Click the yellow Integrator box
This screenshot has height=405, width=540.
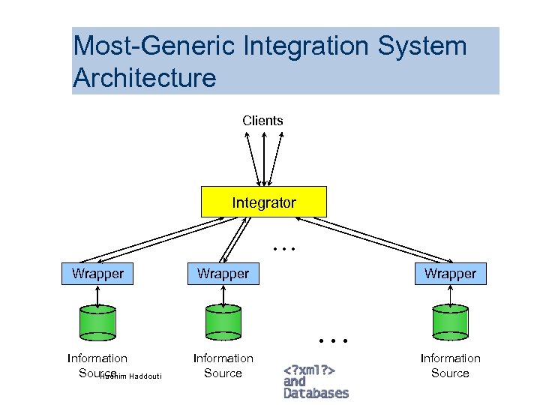264,202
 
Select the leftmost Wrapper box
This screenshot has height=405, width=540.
97,274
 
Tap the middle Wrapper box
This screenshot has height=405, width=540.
223,274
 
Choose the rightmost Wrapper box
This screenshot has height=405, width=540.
450,274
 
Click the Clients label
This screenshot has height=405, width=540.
262,120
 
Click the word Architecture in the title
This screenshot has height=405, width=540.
144,77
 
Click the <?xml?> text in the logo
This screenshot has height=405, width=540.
309,370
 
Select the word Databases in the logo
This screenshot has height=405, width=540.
316,393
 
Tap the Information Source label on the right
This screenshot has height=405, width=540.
450,365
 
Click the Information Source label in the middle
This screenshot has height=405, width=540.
223,365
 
